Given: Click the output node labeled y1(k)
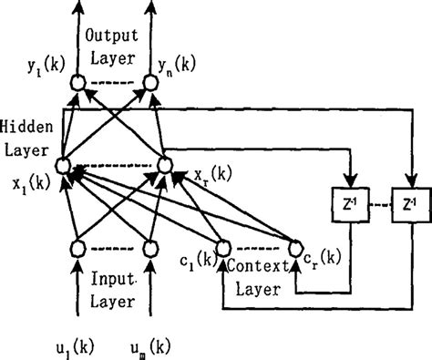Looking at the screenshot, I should (77, 85).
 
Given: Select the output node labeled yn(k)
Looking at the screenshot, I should (150, 85).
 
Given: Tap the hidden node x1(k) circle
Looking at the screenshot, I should (63, 165).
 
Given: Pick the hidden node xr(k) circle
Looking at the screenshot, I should (166, 164).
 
